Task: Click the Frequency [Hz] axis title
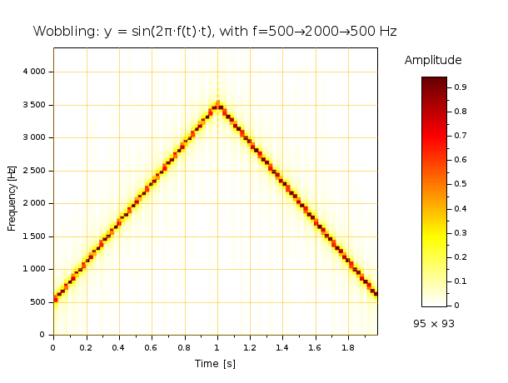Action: tap(12, 199)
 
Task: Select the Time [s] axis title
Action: tap(217, 364)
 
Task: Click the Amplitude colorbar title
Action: tap(433, 61)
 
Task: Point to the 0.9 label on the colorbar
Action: tap(459, 87)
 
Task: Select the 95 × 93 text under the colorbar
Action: tap(434, 323)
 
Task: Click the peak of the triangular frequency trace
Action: tap(217, 104)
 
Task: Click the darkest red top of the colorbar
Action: tap(434, 80)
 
